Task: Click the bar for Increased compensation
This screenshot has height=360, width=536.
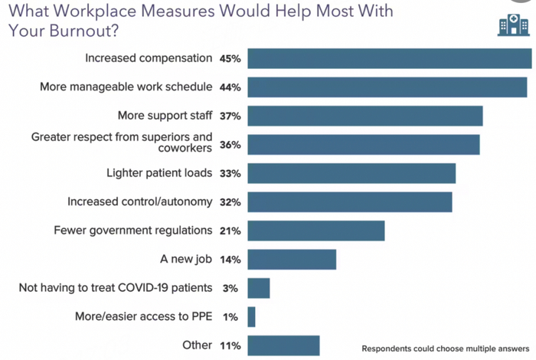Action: tap(389, 58)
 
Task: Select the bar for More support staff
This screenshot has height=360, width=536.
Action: tap(365, 116)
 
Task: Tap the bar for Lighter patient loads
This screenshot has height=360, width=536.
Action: tap(351, 173)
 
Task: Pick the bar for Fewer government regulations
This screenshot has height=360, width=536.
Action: tap(316, 231)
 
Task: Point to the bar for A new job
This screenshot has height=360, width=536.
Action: tap(292, 260)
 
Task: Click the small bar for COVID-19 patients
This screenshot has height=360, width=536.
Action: tap(259, 288)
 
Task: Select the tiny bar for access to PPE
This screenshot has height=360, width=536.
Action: tap(251, 316)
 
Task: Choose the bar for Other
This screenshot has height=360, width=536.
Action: tap(283, 345)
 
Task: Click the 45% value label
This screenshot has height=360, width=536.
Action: tap(230, 58)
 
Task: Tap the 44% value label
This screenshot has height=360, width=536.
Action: tap(230, 87)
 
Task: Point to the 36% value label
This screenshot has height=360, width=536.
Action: tap(230, 145)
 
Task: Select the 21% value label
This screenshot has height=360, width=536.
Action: tap(230, 231)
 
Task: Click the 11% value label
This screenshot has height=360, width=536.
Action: tap(230, 345)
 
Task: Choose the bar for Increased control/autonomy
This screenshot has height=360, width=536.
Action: tap(350, 202)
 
